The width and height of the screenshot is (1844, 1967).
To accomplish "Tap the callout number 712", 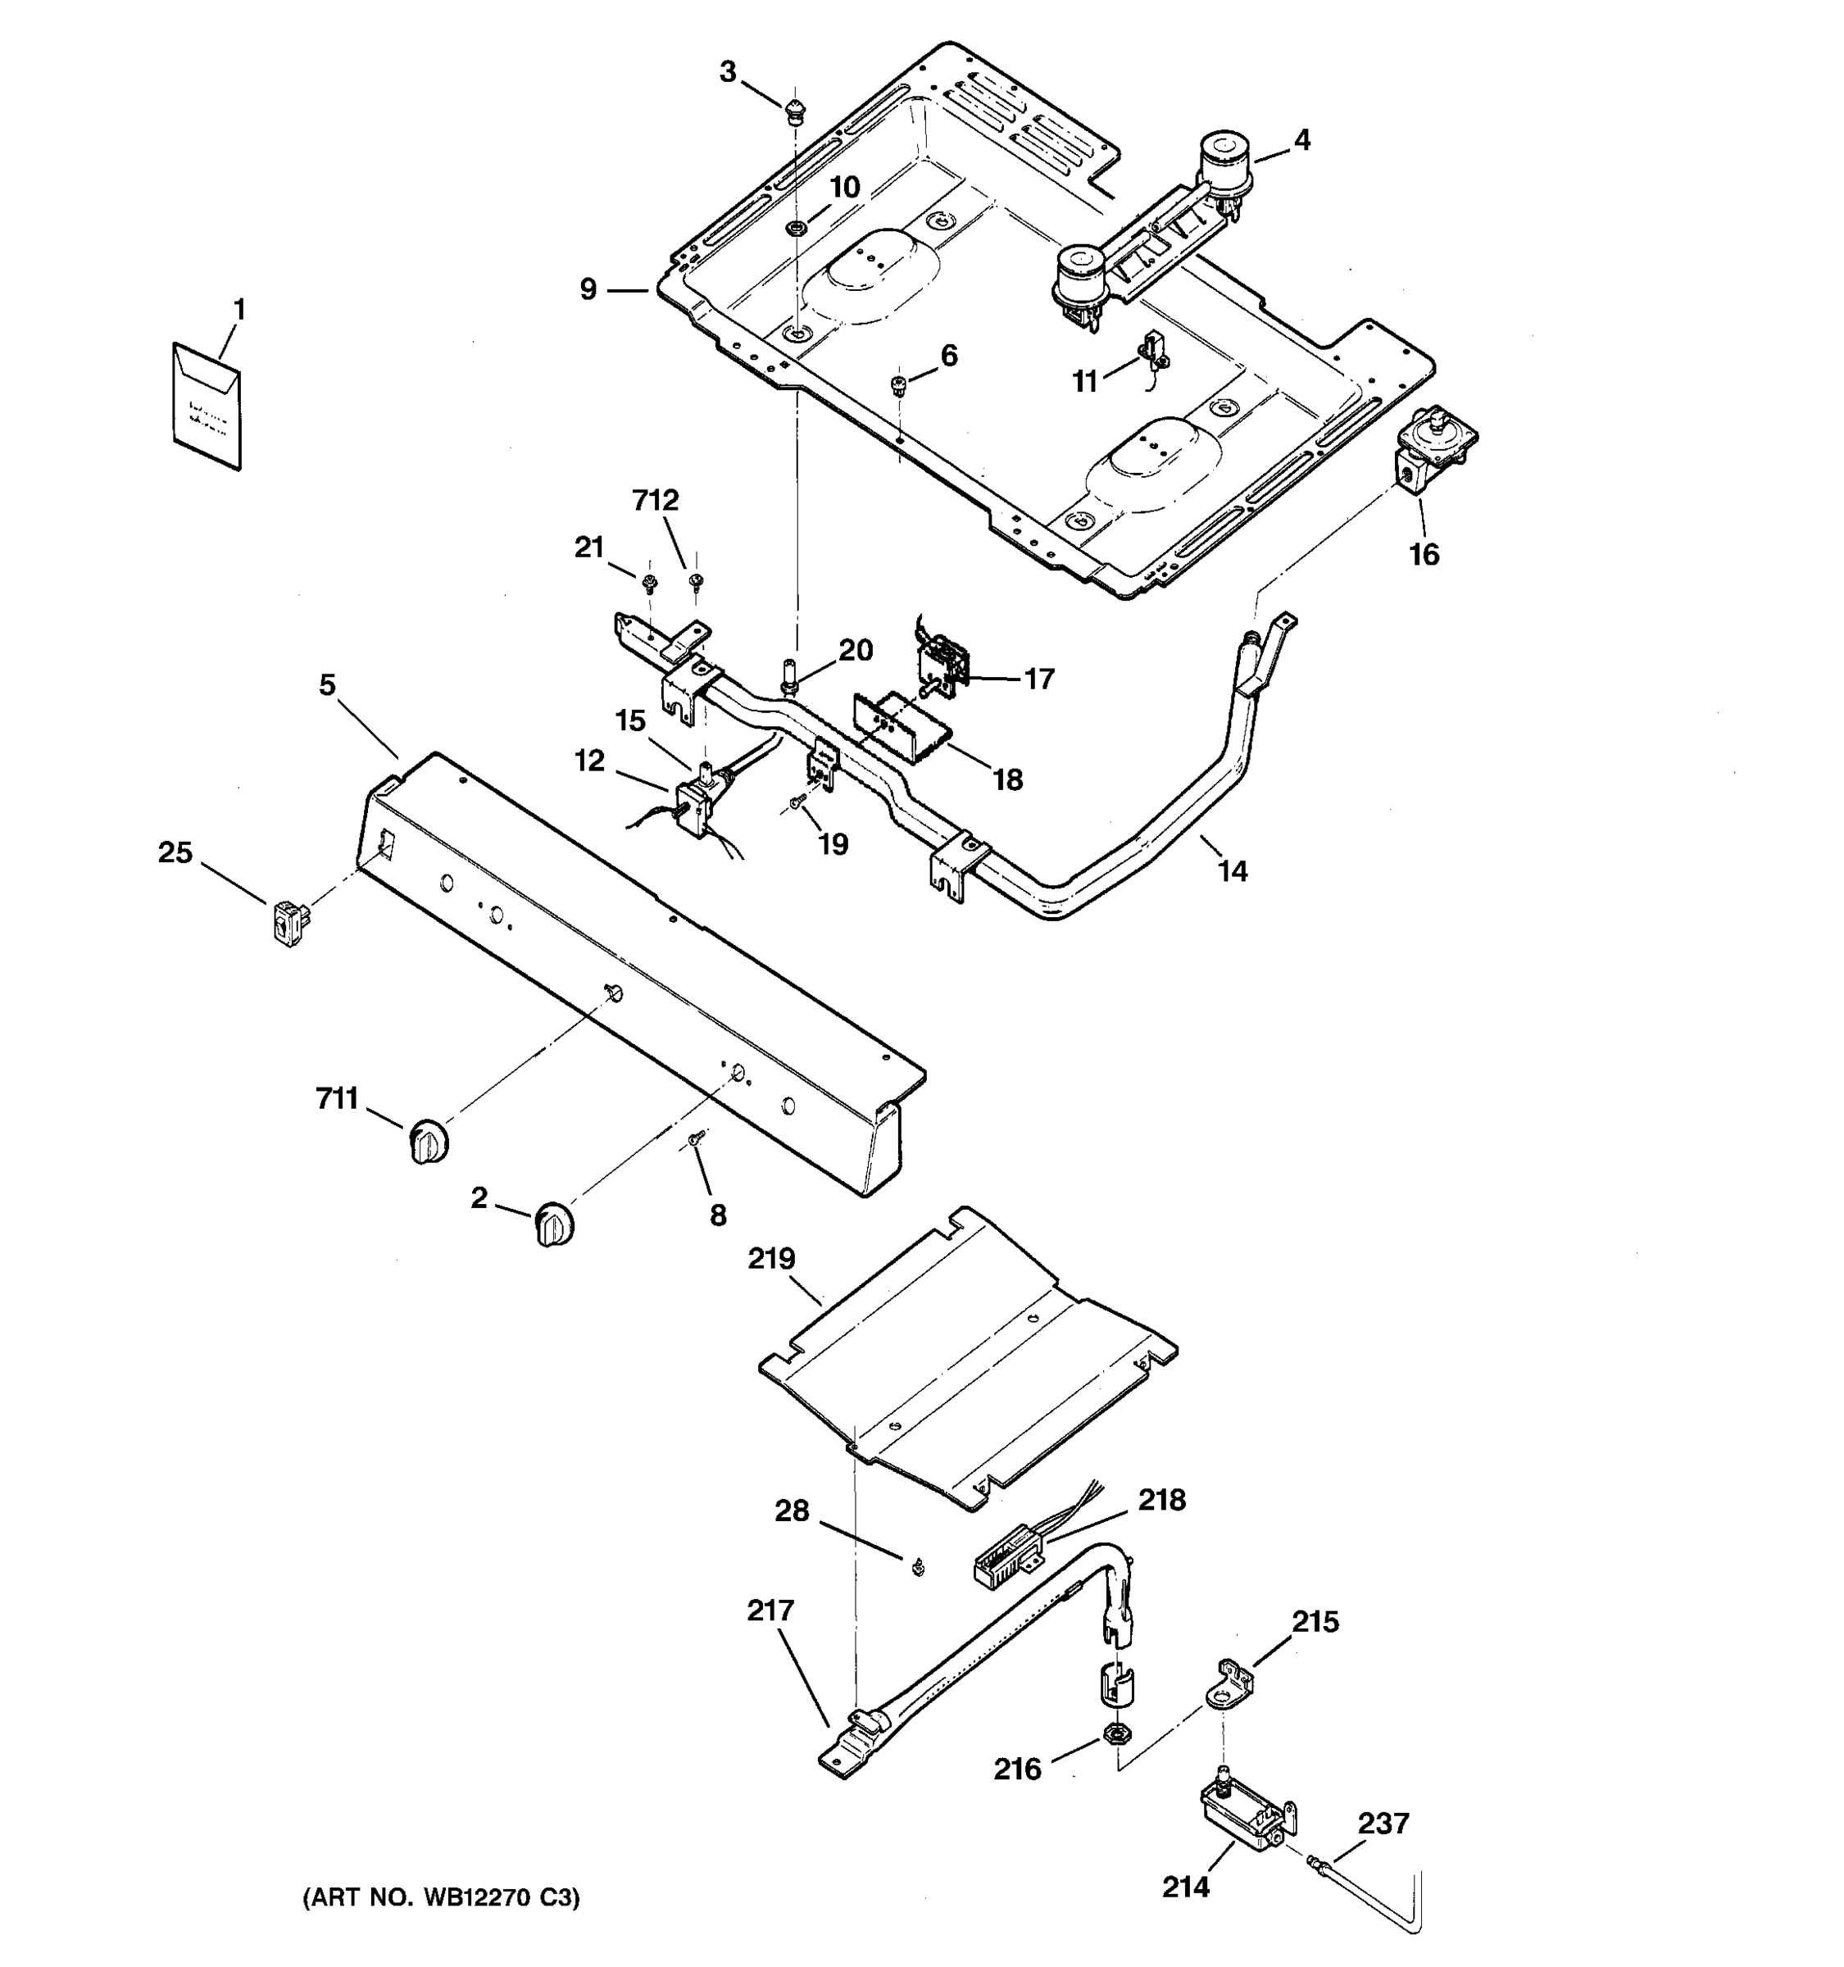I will (x=656, y=501).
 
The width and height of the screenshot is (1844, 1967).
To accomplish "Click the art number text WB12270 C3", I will (x=441, y=1897).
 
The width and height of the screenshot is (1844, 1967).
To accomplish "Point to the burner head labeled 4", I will (x=1224, y=163).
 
